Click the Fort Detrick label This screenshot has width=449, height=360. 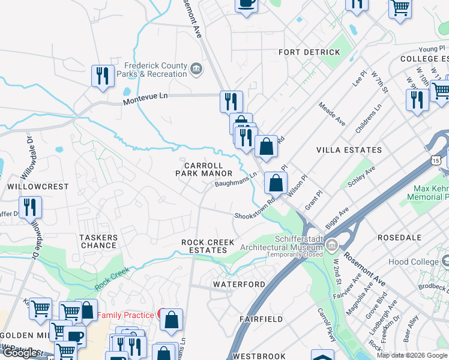(309, 52)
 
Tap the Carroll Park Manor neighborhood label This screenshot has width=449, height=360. (203, 169)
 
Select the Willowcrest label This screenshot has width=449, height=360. (30, 187)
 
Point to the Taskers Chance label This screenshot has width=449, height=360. (98, 241)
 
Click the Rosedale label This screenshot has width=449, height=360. (399, 238)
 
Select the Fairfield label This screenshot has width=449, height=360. (261, 319)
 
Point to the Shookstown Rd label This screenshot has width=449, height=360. (255, 211)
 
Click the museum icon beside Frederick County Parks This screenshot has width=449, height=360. (196, 70)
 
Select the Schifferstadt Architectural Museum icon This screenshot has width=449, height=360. (331, 244)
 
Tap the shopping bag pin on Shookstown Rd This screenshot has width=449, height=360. (276, 183)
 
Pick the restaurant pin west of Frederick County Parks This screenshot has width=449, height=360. (103, 76)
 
